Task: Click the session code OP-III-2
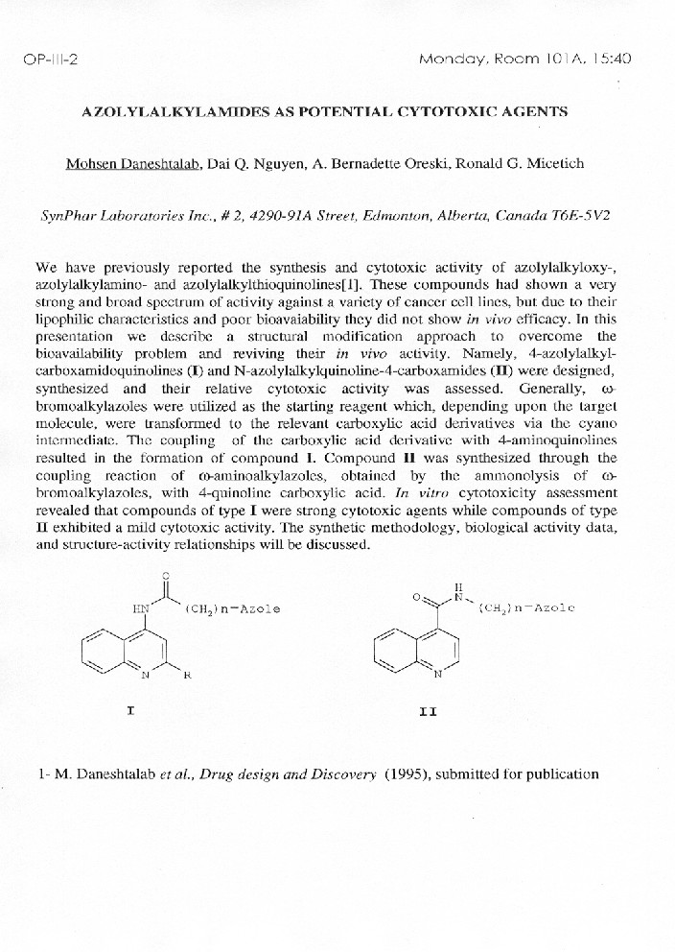[49, 59]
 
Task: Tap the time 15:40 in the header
[610, 59]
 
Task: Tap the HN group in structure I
[140, 607]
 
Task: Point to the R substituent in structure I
[188, 675]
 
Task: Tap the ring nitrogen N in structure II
[437, 675]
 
